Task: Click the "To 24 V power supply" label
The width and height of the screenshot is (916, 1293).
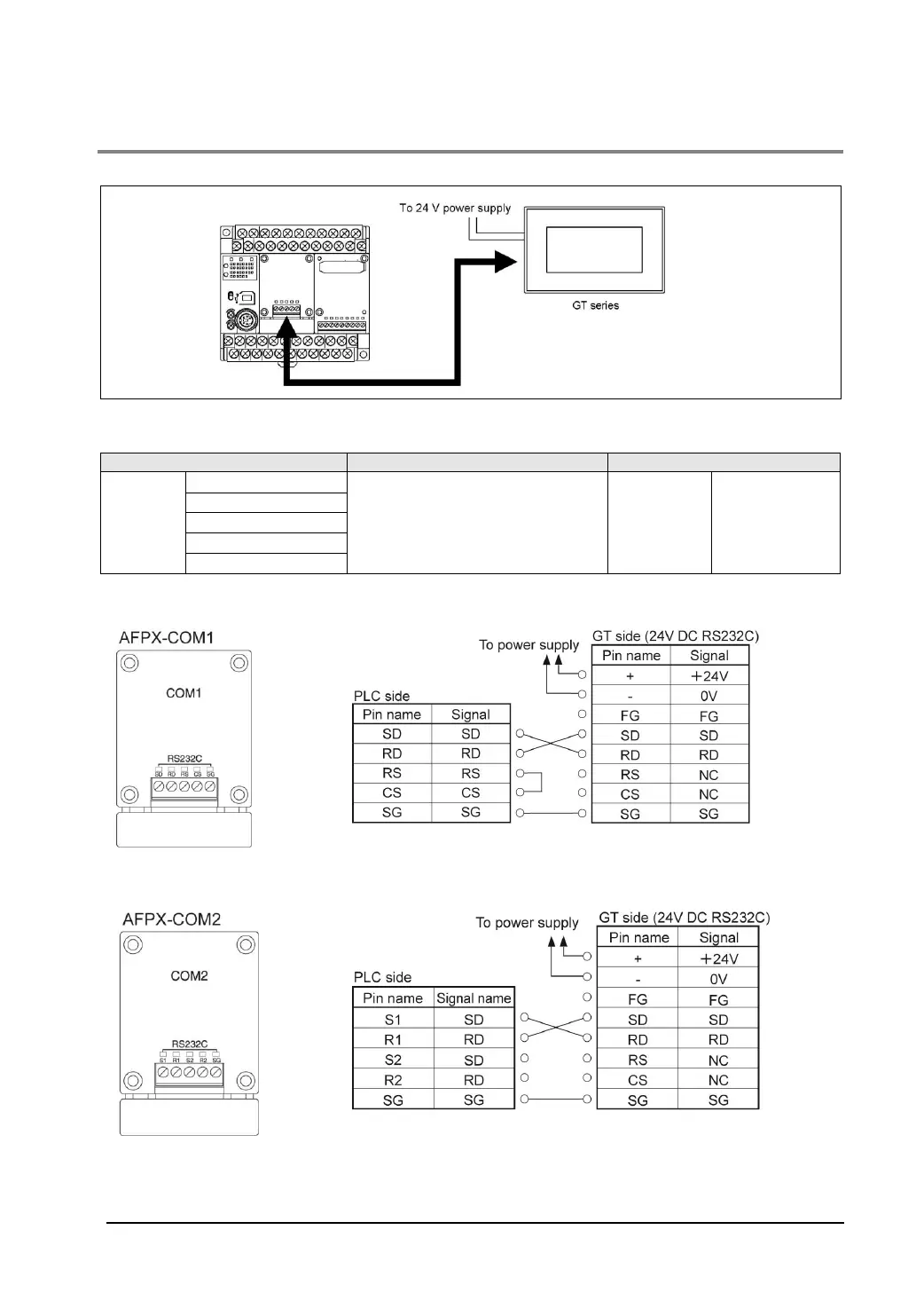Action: pos(455,209)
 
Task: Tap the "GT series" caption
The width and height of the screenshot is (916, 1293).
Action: pos(595,305)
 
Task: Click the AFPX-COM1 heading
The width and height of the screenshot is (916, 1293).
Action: pos(167,638)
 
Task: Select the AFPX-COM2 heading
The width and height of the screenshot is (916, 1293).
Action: pos(172,919)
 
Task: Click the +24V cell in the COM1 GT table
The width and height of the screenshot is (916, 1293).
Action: pos(709,675)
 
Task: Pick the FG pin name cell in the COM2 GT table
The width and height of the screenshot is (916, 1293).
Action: pos(637,999)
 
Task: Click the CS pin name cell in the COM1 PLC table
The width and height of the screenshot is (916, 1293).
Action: pos(392,792)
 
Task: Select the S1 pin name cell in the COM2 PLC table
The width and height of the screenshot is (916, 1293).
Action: pos(393,1020)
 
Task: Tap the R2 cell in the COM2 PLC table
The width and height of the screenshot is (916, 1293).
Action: pos(393,1080)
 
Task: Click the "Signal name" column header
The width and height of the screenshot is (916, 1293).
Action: pos(474,998)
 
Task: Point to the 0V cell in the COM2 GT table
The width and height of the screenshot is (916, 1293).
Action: pos(718,979)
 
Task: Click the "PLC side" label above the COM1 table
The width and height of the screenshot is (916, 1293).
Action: pos(381,697)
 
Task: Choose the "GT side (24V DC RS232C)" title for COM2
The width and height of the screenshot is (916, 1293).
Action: pos(685,918)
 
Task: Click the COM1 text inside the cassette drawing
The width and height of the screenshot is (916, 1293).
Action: pos(184,693)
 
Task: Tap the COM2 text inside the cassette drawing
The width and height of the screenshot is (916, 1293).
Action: pos(189,976)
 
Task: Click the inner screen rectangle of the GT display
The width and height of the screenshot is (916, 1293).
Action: pos(594,249)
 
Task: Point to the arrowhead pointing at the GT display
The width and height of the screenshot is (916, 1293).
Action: pos(505,261)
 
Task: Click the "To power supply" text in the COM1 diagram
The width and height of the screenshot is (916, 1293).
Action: pos(528,645)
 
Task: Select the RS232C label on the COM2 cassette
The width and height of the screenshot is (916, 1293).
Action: pos(190,1045)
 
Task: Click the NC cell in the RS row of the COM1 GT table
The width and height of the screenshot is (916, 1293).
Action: pos(709,775)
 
